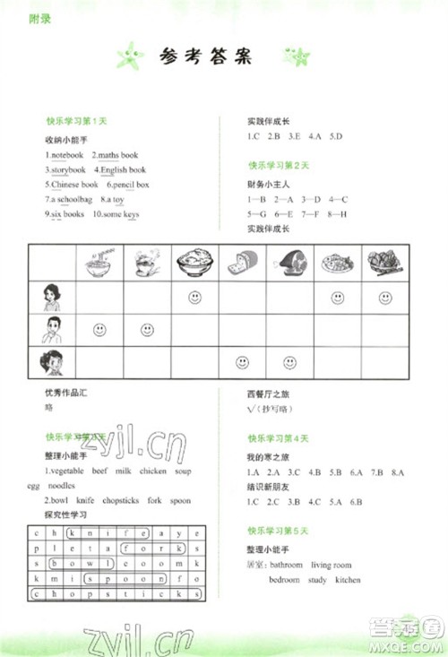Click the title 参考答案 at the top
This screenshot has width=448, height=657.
click(x=205, y=58)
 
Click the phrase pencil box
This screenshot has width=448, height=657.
click(x=130, y=185)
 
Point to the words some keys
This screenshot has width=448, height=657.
click(x=119, y=214)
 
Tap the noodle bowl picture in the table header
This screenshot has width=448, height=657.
click(x=99, y=264)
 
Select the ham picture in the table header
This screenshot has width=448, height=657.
click(x=290, y=264)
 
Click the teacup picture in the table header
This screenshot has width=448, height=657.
click(x=146, y=264)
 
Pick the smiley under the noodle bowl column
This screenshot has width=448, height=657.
click(x=99, y=330)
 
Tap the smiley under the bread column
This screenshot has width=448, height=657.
click(x=242, y=362)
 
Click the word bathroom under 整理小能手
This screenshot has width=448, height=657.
click(x=287, y=566)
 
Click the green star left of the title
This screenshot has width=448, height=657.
click(x=131, y=58)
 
